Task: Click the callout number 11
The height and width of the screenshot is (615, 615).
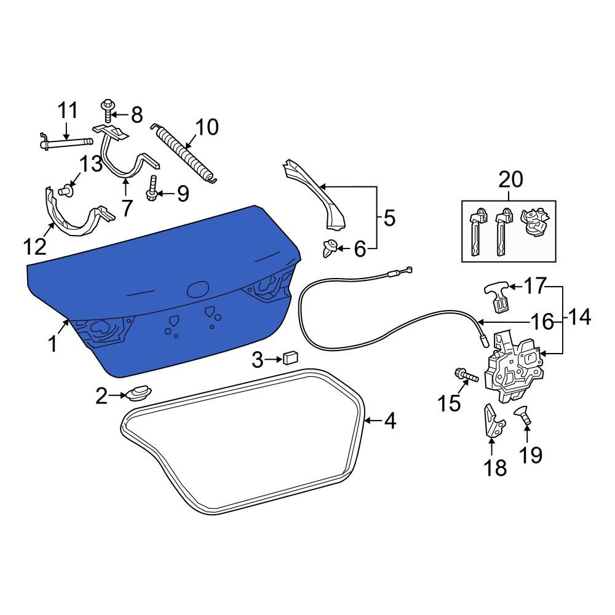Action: pos(68,111)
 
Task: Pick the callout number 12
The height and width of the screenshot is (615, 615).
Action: pos(36,247)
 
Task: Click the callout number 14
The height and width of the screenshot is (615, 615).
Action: pos(579,318)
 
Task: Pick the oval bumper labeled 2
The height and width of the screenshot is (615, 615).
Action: pos(139,392)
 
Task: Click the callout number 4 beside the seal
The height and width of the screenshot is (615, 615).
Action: pos(390,421)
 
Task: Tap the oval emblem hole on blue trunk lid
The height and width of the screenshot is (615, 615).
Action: pos(198,288)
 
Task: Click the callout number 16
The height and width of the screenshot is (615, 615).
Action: pos(542,321)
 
